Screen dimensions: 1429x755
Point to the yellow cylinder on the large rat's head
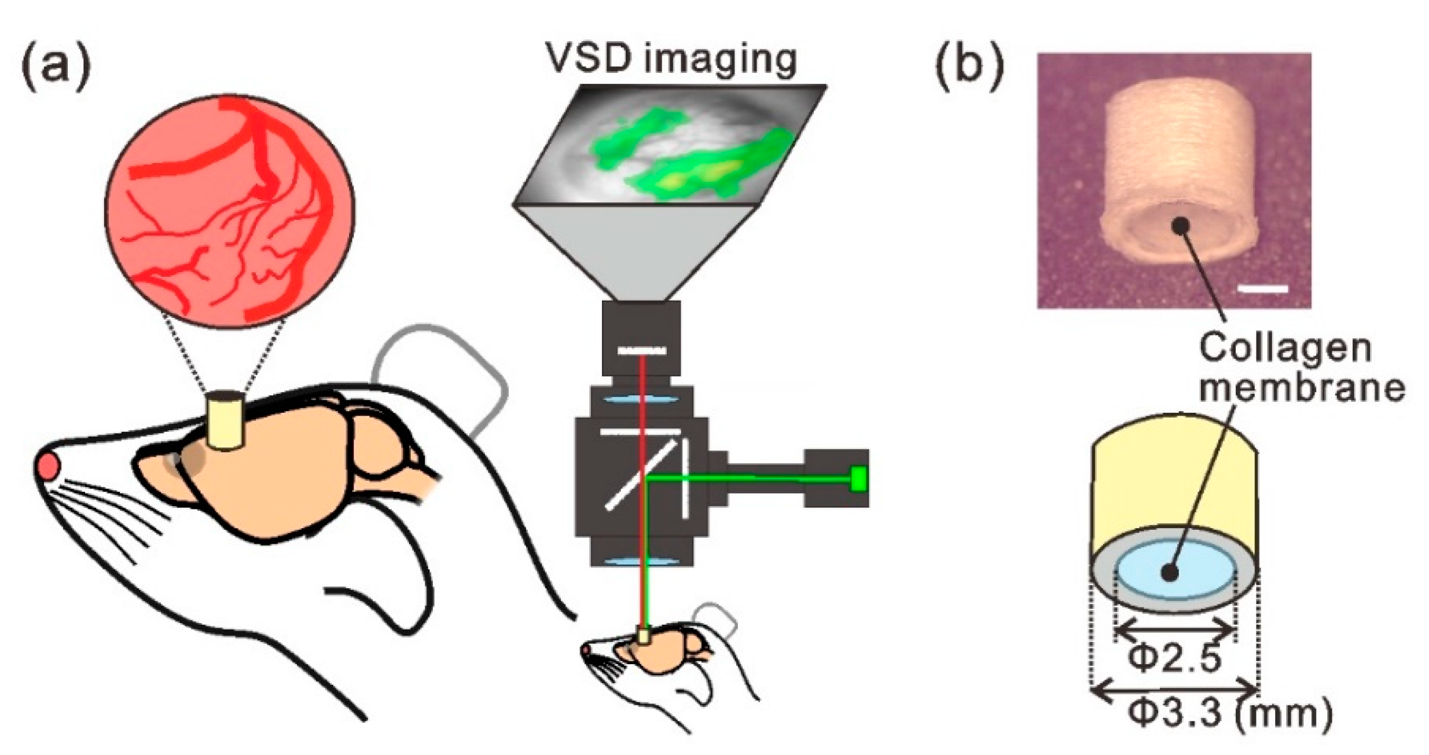click(x=225, y=421)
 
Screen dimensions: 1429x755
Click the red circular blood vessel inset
click(x=230, y=208)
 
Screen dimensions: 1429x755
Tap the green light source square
click(x=858, y=479)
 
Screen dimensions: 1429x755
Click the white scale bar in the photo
click(x=1263, y=288)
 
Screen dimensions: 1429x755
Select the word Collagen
click(x=1285, y=349)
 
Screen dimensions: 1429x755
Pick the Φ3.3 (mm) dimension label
click(x=1230, y=714)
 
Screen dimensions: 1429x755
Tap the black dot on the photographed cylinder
click(x=1181, y=225)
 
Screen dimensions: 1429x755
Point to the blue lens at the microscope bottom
click(x=640, y=561)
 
